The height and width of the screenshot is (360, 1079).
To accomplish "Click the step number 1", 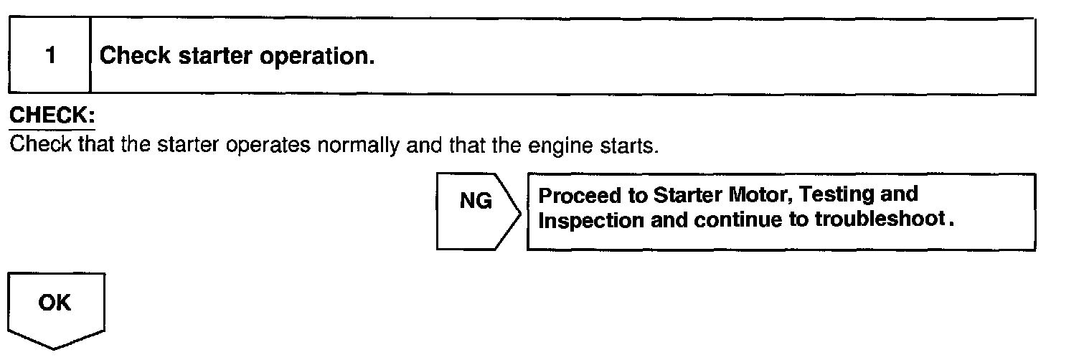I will pyautogui.click(x=50, y=56).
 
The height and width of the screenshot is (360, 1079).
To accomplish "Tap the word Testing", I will pyautogui.click(x=836, y=195).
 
